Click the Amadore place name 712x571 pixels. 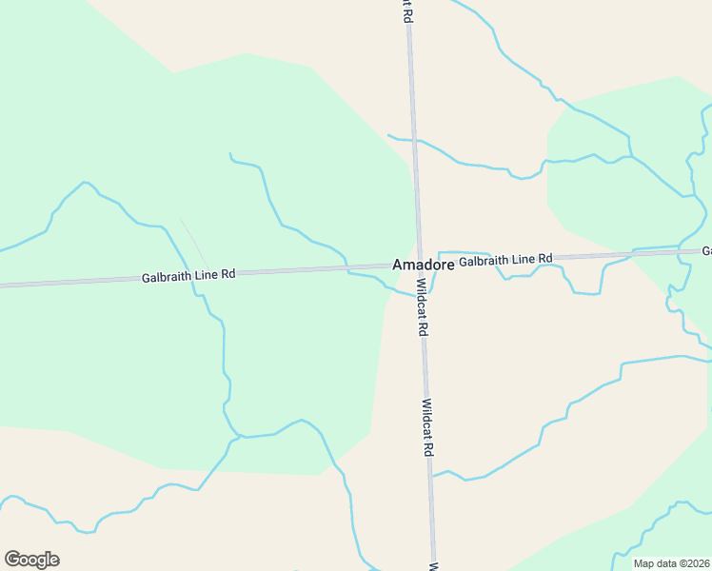pos(423,265)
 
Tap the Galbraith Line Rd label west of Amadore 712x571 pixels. pos(188,276)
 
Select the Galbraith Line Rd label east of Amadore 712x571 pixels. pos(505,259)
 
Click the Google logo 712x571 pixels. pos(31,559)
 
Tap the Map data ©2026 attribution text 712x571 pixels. pos(672,563)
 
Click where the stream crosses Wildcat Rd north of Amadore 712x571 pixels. pos(413,140)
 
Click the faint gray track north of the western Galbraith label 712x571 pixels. pos(193,242)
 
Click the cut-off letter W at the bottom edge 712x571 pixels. pos(433,566)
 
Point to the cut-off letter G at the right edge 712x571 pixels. pos(707,251)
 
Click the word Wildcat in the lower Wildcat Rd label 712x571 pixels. pos(427,418)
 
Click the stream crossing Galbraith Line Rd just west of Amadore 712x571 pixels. pos(346,269)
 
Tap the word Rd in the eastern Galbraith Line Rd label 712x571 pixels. pos(544,258)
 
